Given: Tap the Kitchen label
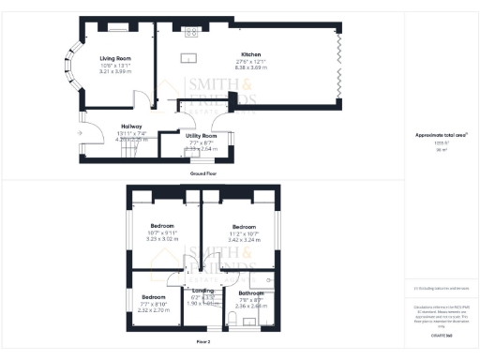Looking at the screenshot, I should pyautogui.click(x=250, y=54).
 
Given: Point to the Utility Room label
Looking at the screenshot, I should pyautogui.click(x=198, y=136).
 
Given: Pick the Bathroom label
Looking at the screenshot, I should pyautogui.click(x=250, y=294).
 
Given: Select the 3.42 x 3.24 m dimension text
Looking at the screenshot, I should pyautogui.click(x=245, y=240).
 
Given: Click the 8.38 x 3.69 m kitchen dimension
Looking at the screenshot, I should pyautogui.click(x=250, y=67).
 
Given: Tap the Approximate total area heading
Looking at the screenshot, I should pyautogui.click(x=442, y=135).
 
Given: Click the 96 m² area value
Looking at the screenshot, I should pyautogui.click(x=442, y=149).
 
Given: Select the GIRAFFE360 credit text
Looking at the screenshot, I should pyautogui.click(x=442, y=336).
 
